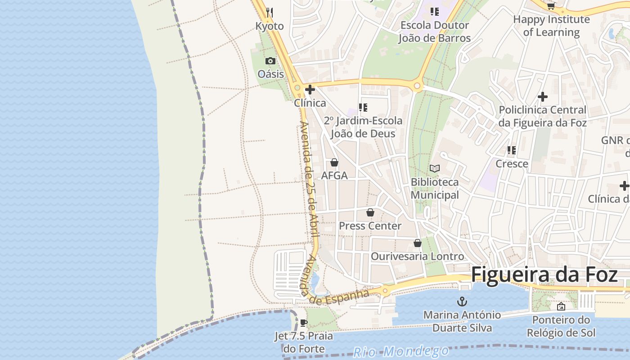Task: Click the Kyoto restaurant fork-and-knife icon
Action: [x=270, y=12]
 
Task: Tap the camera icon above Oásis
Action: [x=270, y=61]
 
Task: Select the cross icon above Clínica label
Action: [x=310, y=89]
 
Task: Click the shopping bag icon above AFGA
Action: [x=334, y=162]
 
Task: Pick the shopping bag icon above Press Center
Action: [x=370, y=212]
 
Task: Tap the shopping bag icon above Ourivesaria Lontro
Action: [x=418, y=243]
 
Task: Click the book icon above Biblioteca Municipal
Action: [x=435, y=168]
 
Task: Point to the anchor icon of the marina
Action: [x=462, y=301]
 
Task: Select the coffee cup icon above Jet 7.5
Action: [x=304, y=323]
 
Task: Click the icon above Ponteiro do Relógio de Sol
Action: [x=561, y=306]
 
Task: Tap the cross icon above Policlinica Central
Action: [x=543, y=96]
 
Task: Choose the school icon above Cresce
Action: [x=512, y=150]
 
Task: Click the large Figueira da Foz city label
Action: [x=544, y=274]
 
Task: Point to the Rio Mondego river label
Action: [x=401, y=351]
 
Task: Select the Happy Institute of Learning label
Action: [x=551, y=26]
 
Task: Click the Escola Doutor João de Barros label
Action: [x=435, y=31]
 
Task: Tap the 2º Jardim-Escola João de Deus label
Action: [x=363, y=127]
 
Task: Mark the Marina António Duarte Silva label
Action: [x=462, y=321]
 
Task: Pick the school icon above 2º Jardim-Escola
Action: [x=363, y=107]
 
